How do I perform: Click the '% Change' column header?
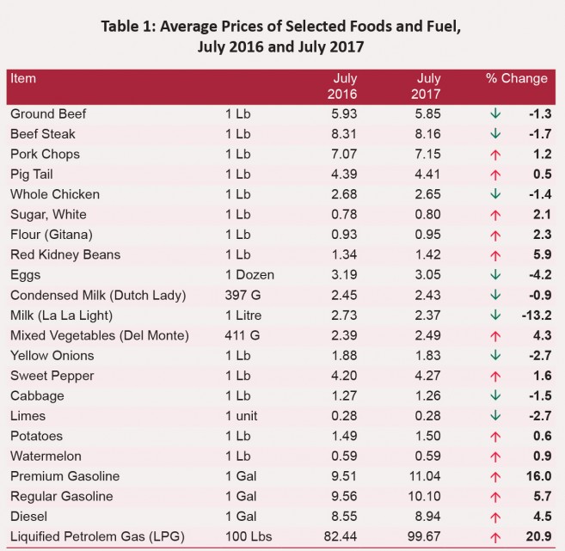click(x=516, y=78)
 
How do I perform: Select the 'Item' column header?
click(x=23, y=78)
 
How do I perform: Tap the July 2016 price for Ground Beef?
click(x=342, y=113)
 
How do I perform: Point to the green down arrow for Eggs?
click(x=494, y=275)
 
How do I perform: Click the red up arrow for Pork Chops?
click(x=494, y=155)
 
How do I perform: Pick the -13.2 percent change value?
click(x=533, y=315)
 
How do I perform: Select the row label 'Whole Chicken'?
click(x=55, y=194)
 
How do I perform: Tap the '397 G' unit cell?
click(x=243, y=295)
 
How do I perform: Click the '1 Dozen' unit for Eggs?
click(x=249, y=275)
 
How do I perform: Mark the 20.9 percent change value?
click(x=537, y=536)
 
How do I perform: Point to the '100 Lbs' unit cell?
click(x=247, y=536)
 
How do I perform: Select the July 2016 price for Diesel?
click(x=342, y=517)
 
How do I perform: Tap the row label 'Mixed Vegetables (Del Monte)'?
click(x=98, y=335)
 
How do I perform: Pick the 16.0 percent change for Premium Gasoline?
click(x=537, y=476)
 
